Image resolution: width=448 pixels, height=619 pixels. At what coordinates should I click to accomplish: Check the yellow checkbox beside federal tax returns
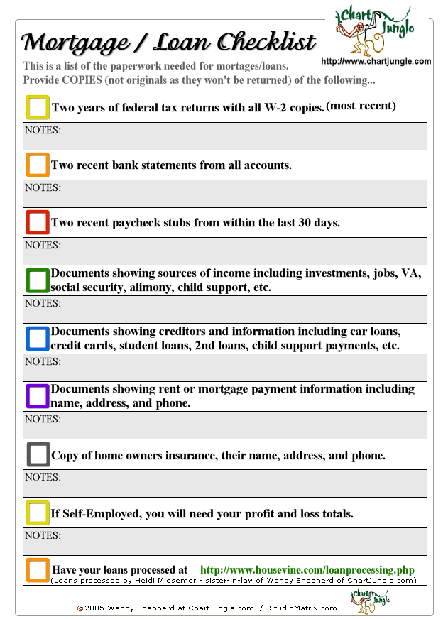pyautogui.click(x=38, y=107)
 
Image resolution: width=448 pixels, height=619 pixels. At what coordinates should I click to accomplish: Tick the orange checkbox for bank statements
pyautogui.click(x=38, y=165)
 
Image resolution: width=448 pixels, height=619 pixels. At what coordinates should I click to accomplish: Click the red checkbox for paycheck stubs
pyautogui.click(x=38, y=222)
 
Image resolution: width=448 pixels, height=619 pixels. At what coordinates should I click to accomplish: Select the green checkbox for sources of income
pyautogui.click(x=38, y=280)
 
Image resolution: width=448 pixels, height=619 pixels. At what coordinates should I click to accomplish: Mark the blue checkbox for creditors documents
pyautogui.click(x=38, y=339)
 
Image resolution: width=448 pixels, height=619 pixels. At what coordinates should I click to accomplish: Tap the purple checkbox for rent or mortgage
pyautogui.click(x=38, y=396)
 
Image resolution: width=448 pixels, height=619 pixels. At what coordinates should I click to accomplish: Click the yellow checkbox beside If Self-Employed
pyautogui.click(x=38, y=513)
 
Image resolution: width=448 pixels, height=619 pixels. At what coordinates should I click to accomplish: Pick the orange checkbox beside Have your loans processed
pyautogui.click(x=38, y=570)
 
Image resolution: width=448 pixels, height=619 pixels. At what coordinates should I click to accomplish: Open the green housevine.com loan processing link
pyautogui.click(x=307, y=570)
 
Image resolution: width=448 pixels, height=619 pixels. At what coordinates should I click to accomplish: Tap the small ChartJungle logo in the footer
pyautogui.click(x=370, y=601)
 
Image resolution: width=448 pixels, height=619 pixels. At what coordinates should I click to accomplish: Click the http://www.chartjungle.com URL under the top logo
pyautogui.click(x=376, y=62)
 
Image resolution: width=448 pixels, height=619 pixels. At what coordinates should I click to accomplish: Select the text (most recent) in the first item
pyautogui.click(x=361, y=106)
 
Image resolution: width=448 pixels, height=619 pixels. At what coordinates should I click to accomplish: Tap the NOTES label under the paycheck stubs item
pyautogui.click(x=43, y=246)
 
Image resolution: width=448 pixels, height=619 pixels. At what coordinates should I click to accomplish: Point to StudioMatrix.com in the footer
pyautogui.click(x=303, y=608)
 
